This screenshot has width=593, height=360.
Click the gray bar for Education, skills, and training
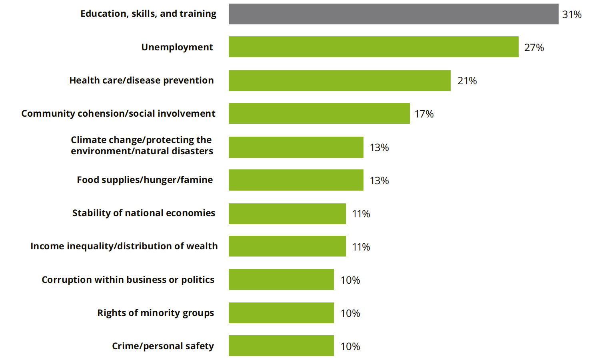[393, 14]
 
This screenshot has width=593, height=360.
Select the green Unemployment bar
[373, 47]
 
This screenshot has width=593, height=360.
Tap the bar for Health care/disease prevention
[339, 81]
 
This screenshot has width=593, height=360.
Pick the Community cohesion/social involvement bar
[319, 113]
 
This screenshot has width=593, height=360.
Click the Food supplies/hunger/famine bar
[296, 180]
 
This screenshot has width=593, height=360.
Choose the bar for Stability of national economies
[287, 213]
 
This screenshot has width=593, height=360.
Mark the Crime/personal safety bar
[281, 346]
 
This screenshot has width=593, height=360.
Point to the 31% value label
[571, 14]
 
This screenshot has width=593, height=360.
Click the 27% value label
[534, 48]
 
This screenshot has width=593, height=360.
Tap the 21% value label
[467, 81]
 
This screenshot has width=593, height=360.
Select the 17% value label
[424, 114]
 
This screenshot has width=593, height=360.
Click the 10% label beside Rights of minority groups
[350, 313]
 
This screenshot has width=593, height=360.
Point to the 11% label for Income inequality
[361, 247]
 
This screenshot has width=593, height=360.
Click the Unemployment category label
[177, 47]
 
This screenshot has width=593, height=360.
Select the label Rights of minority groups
[156, 313]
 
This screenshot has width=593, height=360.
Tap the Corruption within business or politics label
[128, 280]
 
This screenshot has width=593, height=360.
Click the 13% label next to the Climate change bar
[379, 147]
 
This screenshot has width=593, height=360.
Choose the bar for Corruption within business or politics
[281, 279]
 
